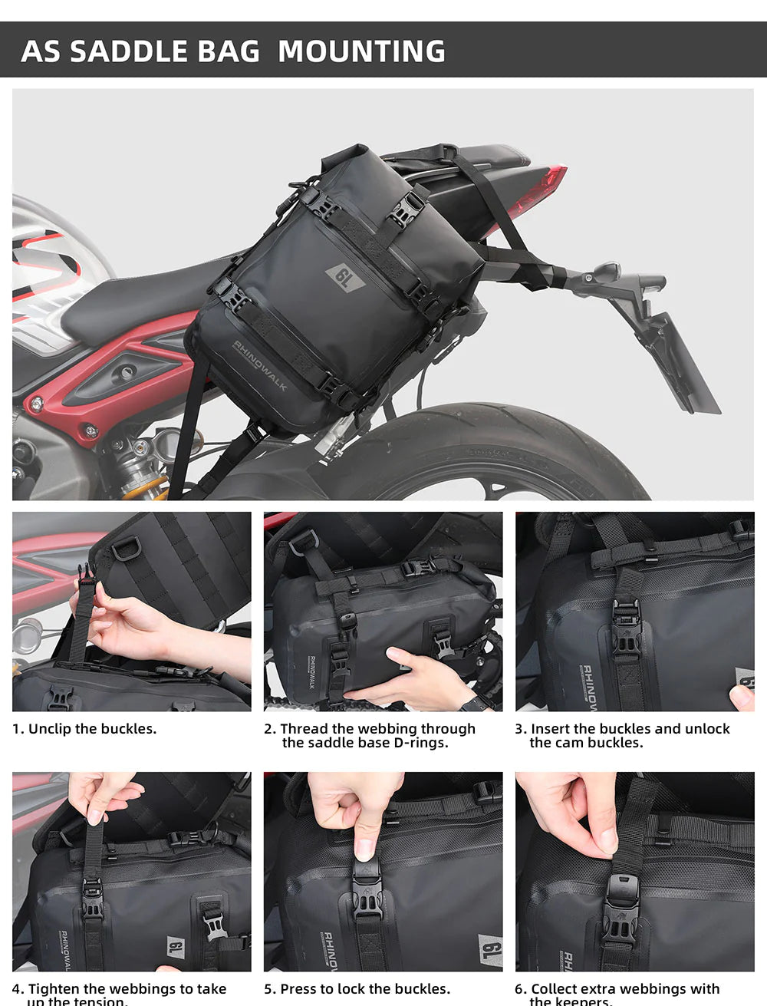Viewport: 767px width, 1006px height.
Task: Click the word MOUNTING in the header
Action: (x=361, y=51)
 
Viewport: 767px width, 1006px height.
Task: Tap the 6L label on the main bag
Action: (x=346, y=278)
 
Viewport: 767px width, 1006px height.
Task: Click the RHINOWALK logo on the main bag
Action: (x=260, y=365)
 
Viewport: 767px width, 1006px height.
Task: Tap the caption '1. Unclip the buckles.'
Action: (x=84, y=729)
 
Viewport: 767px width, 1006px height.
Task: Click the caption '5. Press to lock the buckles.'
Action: (x=357, y=988)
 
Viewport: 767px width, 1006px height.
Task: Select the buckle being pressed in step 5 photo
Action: (x=366, y=875)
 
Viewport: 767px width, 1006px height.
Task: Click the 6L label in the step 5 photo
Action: (x=489, y=952)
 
